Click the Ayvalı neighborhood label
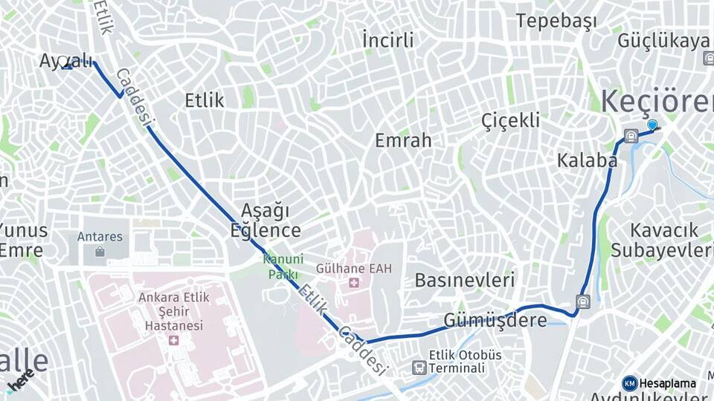(x=66, y=61)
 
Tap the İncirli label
(x=387, y=39)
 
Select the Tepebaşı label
(x=556, y=21)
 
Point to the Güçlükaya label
(x=663, y=40)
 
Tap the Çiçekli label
(x=510, y=120)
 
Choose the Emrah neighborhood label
(x=403, y=140)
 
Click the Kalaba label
(x=587, y=160)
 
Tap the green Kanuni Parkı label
(x=283, y=266)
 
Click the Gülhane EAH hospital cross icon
(x=353, y=283)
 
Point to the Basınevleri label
(x=465, y=280)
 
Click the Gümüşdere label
(x=495, y=320)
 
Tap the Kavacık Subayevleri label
(x=661, y=239)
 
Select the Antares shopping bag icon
(x=100, y=252)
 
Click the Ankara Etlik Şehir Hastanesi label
(x=174, y=311)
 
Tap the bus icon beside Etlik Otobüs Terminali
(x=419, y=368)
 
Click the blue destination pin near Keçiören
(x=652, y=125)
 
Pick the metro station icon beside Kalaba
(x=631, y=136)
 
